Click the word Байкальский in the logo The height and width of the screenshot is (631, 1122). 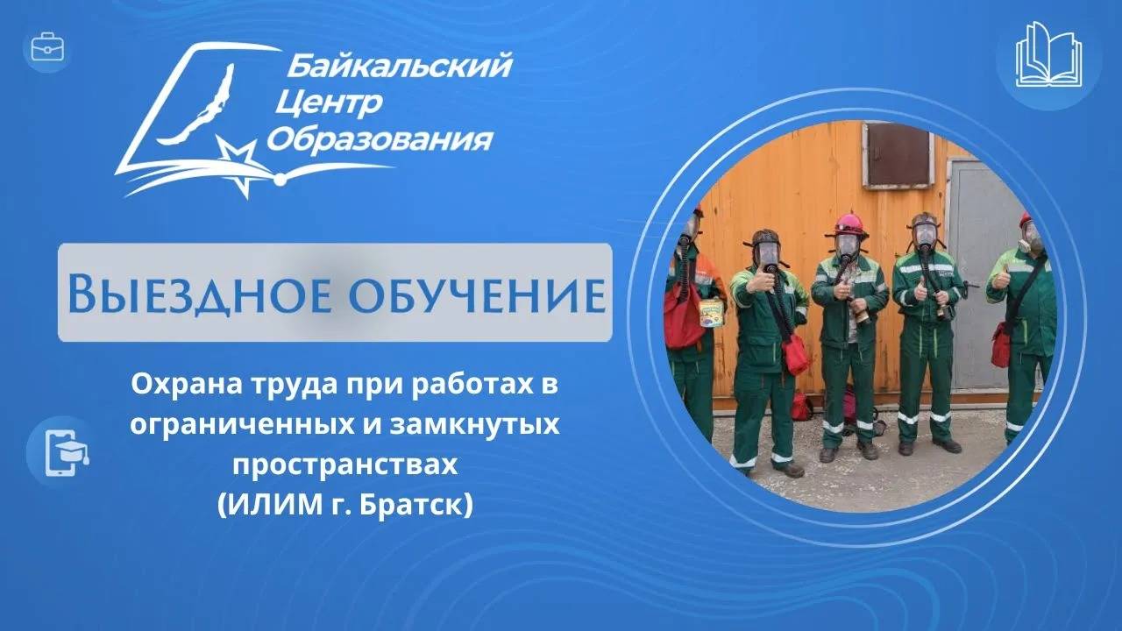pos(398,66)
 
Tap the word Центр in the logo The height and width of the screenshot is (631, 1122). pos(328,103)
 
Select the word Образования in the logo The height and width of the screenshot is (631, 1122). pos(379,139)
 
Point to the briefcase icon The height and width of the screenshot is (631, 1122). pos(47,47)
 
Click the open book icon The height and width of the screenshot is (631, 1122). pos(1048,55)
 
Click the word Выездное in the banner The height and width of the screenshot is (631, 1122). pos(195,294)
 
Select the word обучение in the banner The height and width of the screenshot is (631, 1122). pos(467,294)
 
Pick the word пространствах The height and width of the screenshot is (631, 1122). pos(344,465)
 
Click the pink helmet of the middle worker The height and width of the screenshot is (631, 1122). pos(849,223)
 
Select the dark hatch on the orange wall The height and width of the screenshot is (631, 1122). pos(898,155)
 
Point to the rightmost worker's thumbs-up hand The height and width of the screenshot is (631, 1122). pos(1001,280)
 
